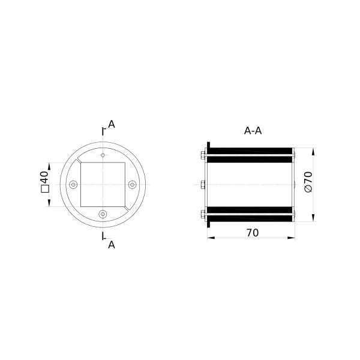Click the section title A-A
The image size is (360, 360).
tap(253, 131)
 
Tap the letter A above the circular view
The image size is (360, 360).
tap(112, 124)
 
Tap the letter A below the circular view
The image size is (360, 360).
tap(112, 245)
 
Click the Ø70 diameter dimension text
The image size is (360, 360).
tap(308, 182)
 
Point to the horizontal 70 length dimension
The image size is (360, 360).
tap(253, 233)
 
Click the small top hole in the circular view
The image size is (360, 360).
tap(103, 155)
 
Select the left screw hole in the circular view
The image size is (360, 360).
tap(73, 184)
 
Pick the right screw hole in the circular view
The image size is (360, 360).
tap(132, 184)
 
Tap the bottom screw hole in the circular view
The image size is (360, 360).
tap(103, 214)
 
